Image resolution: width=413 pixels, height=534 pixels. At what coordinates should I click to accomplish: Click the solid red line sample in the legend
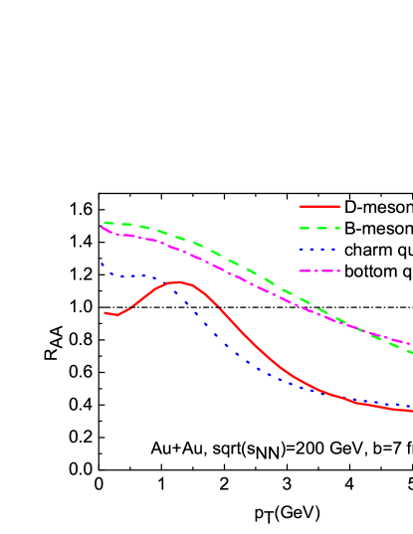[319, 207]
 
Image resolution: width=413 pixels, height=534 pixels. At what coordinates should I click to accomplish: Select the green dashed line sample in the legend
[319, 228]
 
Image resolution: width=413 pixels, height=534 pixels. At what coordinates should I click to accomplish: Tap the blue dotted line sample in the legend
[319, 250]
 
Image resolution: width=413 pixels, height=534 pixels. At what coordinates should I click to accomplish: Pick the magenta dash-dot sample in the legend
[319, 270]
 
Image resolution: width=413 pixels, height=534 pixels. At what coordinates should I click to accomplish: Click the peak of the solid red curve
[177, 282]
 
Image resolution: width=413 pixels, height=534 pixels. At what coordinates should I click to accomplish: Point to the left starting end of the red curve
[104, 312]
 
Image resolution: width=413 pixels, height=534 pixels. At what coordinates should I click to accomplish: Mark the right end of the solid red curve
[411, 410]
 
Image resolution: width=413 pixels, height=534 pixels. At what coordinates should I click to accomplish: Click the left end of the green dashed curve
[104, 223]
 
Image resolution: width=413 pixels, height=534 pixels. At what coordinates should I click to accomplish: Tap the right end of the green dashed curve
[411, 352]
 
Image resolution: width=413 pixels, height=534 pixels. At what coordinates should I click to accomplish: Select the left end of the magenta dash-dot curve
[102, 228]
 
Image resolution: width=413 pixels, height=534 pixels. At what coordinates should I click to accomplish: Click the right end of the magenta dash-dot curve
[410, 344]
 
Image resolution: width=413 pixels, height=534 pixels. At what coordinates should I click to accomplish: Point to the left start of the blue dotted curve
[102, 264]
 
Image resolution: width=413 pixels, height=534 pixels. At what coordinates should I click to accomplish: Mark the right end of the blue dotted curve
[410, 406]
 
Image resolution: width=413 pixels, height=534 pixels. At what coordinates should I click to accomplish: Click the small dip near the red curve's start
[117, 315]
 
